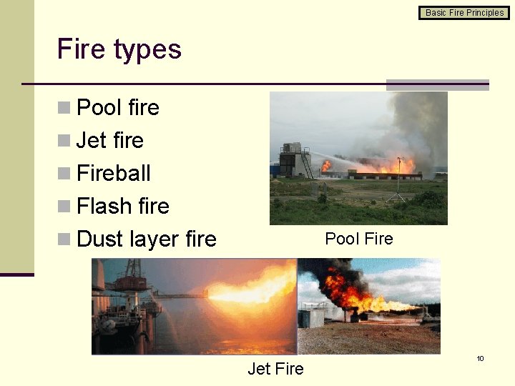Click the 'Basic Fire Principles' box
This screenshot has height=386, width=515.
[464, 12]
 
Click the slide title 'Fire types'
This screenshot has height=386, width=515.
[119, 49]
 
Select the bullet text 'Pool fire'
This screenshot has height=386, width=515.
[118, 107]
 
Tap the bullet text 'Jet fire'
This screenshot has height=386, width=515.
[110, 140]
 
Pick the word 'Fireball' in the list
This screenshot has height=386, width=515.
[114, 173]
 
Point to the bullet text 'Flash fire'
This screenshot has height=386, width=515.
[123, 206]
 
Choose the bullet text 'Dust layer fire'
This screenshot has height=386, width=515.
[147, 239]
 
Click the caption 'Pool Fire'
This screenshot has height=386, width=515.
[359, 239]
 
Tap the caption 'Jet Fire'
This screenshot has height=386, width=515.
[275, 369]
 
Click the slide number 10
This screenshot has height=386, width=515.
[481, 358]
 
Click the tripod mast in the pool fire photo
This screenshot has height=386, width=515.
[398, 179]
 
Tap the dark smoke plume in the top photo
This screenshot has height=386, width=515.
[422, 122]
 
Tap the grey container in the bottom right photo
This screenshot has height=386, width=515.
[312, 318]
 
